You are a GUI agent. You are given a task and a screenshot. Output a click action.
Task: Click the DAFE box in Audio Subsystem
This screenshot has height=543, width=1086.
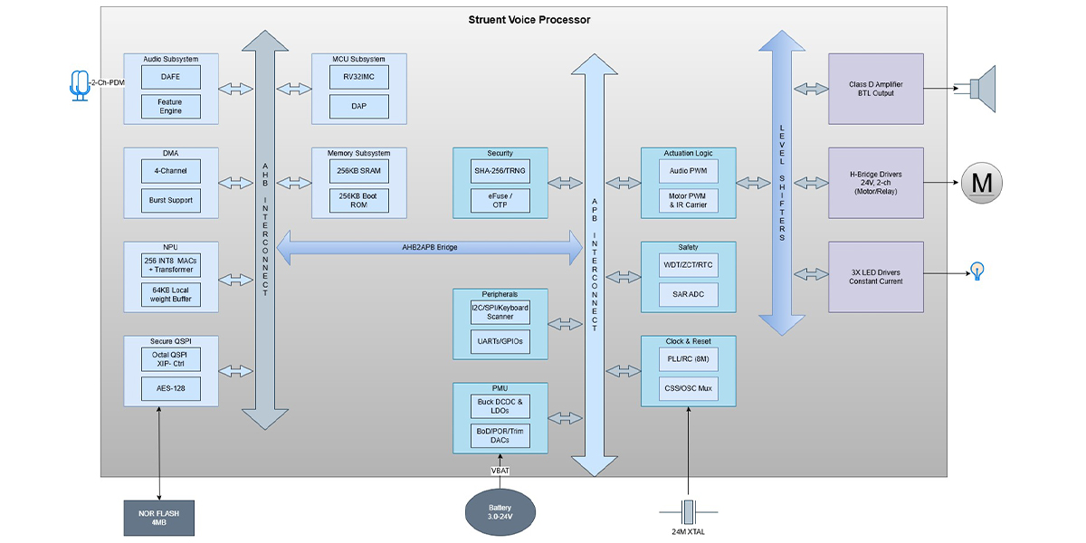coord(170,77)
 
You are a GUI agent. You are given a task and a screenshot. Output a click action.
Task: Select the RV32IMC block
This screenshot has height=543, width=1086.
coord(359,77)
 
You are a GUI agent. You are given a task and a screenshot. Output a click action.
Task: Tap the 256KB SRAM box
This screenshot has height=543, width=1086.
coord(359,172)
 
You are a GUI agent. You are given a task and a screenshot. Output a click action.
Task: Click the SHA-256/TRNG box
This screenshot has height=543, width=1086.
coord(500,172)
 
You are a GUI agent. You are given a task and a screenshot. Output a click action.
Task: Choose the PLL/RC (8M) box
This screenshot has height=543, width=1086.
coord(687,359)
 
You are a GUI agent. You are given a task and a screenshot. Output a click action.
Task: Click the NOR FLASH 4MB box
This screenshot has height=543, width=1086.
coord(159,518)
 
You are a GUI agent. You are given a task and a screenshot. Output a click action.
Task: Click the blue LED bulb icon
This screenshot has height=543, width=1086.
coord(977,270)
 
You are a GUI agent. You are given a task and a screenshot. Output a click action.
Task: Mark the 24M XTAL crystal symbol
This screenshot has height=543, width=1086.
coord(688,511)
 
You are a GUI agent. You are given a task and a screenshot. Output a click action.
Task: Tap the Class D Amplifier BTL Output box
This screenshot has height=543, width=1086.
coord(875,89)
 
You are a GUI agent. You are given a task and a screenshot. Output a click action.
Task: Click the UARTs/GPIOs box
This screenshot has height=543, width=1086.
coord(500,340)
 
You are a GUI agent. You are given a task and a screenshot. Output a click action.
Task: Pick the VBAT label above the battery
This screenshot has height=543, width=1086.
coord(500,471)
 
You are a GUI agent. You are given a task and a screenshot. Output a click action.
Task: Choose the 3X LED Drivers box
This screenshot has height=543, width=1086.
coord(875,277)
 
